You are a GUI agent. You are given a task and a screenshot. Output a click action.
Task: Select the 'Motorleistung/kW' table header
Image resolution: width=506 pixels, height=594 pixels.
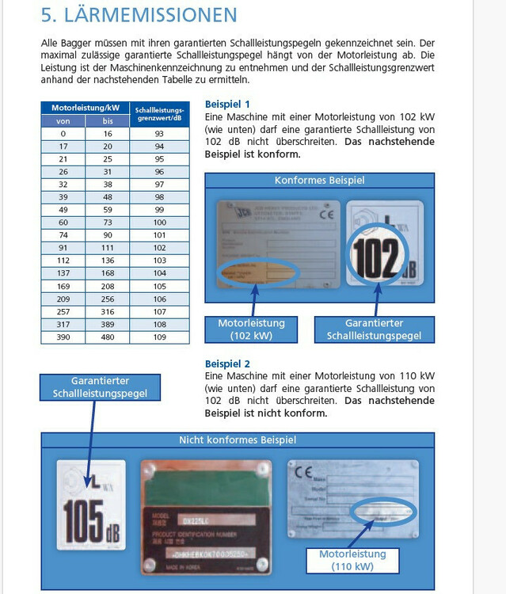pyautogui.click(x=86, y=107)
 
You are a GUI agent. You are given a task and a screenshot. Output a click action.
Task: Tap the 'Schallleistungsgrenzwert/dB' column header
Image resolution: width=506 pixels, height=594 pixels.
pyautogui.click(x=160, y=112)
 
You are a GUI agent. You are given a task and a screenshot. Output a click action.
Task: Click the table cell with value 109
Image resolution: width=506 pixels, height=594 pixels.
pyautogui.click(x=160, y=337)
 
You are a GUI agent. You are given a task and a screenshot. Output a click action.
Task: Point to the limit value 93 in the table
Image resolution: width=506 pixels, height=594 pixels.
pyautogui.click(x=160, y=134)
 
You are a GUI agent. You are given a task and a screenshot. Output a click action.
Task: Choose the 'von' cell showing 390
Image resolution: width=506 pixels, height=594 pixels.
pyautogui.click(x=63, y=337)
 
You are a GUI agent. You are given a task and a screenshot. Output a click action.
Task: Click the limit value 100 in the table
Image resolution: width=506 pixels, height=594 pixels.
pyautogui.click(x=160, y=223)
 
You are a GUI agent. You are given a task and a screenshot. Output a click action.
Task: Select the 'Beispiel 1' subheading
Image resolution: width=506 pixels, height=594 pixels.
pyautogui.click(x=227, y=104)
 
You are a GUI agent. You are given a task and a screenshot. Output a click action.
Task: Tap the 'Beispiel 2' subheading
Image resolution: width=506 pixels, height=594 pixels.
pyautogui.click(x=227, y=364)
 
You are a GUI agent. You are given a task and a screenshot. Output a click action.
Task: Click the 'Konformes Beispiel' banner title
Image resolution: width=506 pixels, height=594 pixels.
pyautogui.click(x=319, y=181)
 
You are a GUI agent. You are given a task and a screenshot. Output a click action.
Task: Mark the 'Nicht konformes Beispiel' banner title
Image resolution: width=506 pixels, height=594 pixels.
pyautogui.click(x=238, y=440)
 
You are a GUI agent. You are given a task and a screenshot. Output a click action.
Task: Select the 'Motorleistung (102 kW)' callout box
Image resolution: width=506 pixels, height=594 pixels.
pyautogui.click(x=251, y=329)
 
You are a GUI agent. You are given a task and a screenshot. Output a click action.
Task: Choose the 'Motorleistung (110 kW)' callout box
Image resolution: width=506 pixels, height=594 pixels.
pyautogui.click(x=352, y=560)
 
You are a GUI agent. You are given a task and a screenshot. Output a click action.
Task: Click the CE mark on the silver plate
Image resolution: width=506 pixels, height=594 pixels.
pyautogui.click(x=304, y=474)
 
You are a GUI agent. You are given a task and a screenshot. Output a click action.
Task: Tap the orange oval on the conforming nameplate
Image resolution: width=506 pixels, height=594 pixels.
pyautogui.click(x=258, y=273)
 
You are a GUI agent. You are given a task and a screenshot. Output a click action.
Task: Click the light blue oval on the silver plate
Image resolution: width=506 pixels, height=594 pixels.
pyautogui.click(x=383, y=512)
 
